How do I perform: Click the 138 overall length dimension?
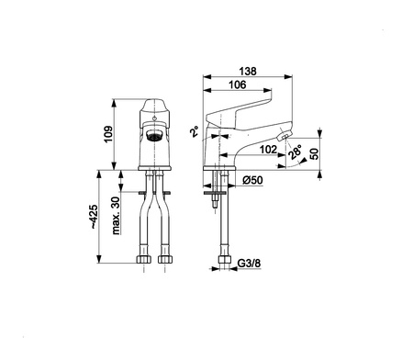click(248, 72)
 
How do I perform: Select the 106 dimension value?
click(238, 84)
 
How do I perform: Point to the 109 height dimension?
click(108, 134)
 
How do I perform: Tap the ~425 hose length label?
click(94, 217)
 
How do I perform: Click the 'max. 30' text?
click(116, 216)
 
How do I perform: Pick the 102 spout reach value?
click(268, 150)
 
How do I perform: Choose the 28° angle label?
click(295, 152)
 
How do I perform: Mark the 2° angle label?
click(195, 131)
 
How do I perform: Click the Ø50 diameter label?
click(252, 180)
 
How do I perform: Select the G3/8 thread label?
click(250, 264)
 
